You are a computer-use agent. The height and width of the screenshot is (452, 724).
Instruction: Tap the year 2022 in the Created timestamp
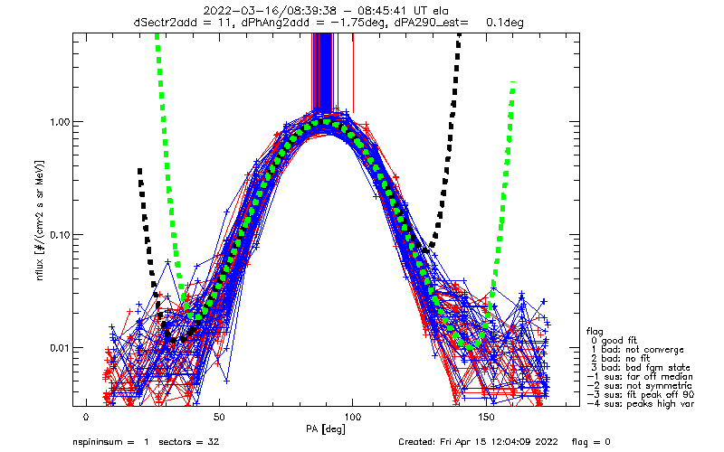click(545, 442)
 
